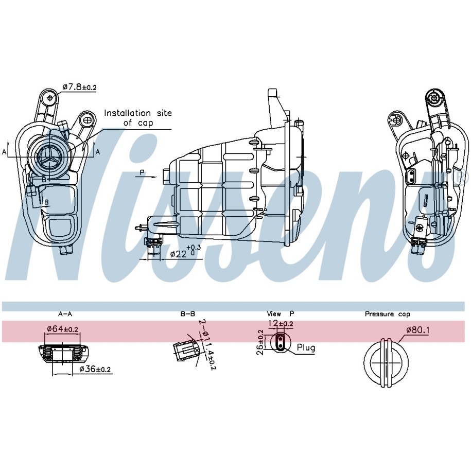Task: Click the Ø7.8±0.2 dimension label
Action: [x=80, y=87]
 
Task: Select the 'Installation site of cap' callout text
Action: [x=138, y=118]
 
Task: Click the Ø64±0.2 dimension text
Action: [x=62, y=329]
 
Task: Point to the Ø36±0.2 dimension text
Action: [x=95, y=369]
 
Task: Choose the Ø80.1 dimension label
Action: [x=418, y=330]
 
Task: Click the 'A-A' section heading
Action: [x=65, y=314]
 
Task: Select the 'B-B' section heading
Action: [x=188, y=314]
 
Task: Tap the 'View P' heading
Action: [x=281, y=314]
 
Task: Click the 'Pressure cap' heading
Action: [x=387, y=314]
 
